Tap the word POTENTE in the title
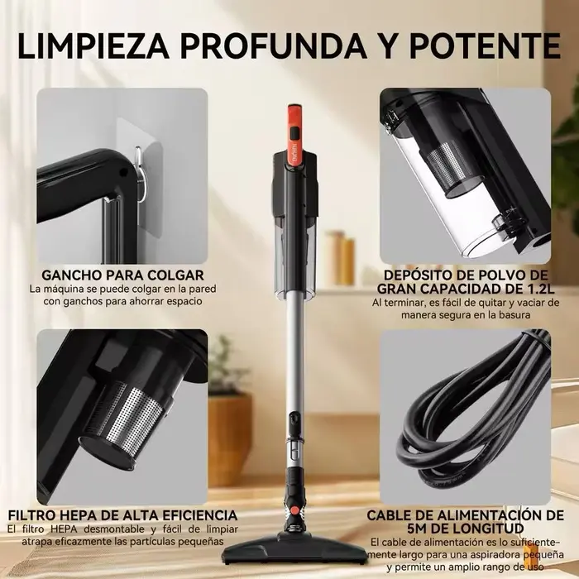coord(485,45)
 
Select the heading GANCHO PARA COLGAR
coord(123,275)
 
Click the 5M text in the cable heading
coord(422,528)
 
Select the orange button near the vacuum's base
coord(294,510)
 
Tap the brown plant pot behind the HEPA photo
coord(230,439)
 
